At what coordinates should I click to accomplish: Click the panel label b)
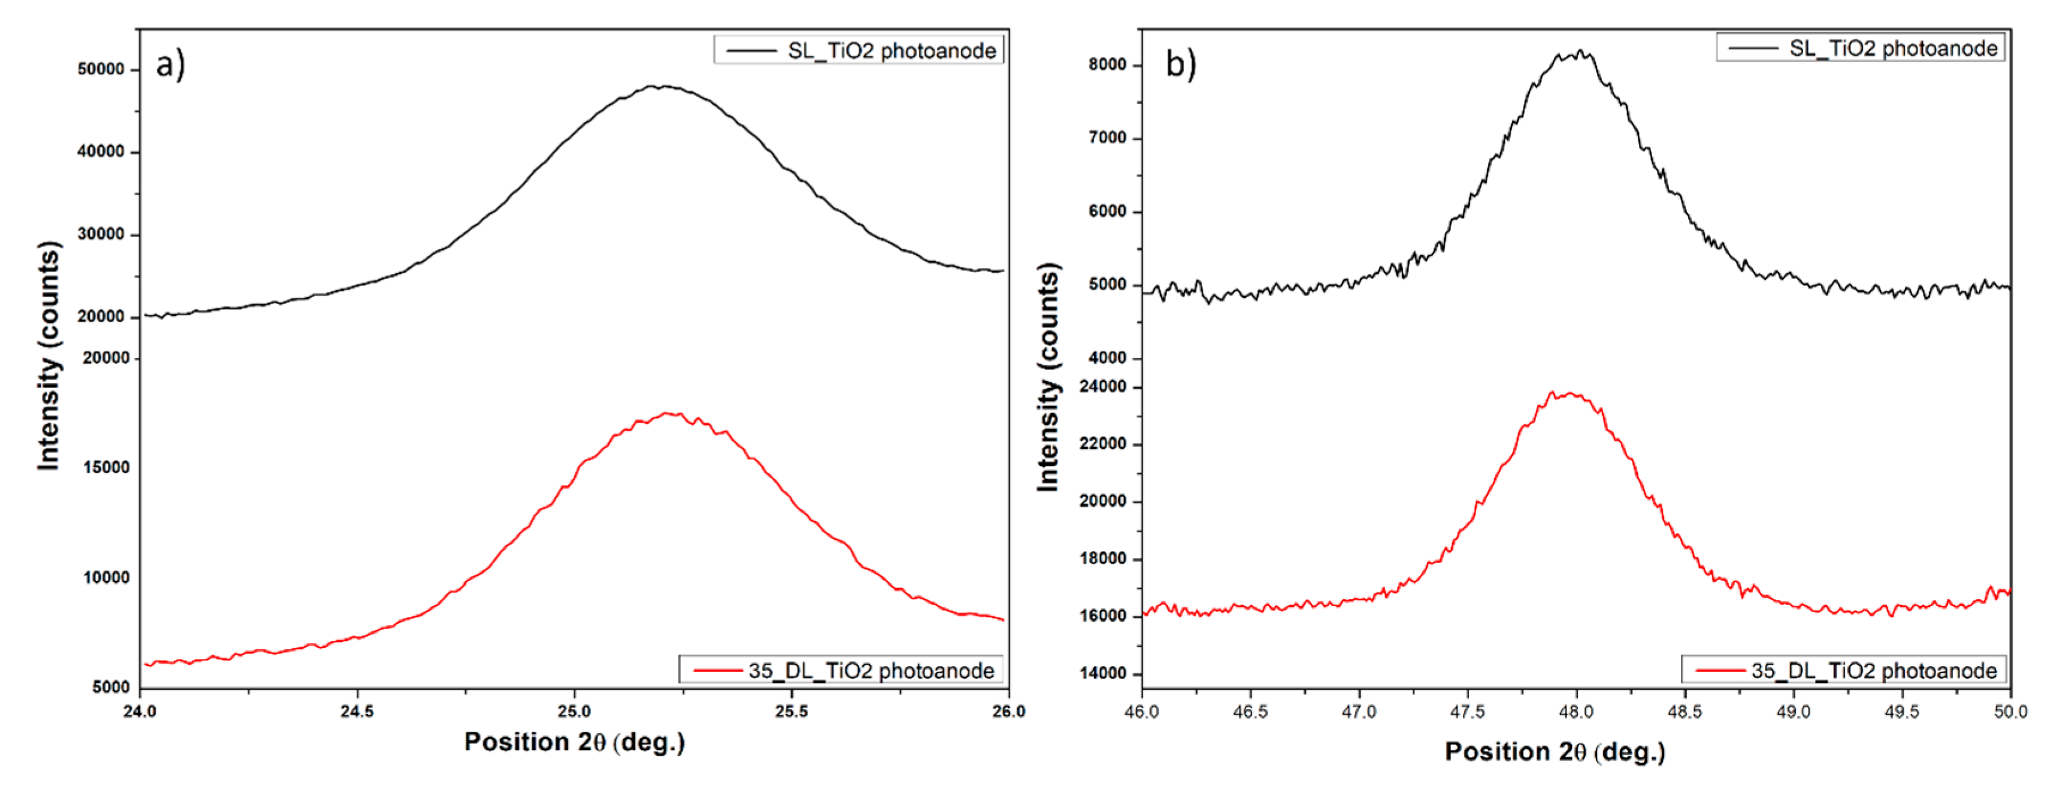[x=1180, y=63]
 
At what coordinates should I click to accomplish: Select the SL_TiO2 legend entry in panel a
[x=859, y=50]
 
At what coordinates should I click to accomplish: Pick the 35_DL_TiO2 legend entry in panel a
[x=841, y=670]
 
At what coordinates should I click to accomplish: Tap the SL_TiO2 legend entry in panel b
[x=1860, y=48]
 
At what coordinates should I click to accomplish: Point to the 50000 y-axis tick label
[x=101, y=69]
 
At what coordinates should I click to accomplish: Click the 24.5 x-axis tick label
[x=356, y=711]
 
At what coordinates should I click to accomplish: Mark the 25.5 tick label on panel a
[x=791, y=711]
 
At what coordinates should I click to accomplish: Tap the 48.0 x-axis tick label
[x=1576, y=711]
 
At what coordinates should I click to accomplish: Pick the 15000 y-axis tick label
[x=106, y=467]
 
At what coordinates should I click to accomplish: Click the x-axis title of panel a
[x=574, y=741]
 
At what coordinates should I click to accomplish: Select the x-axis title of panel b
[x=1555, y=751]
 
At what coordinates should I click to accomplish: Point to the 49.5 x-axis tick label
[x=1902, y=711]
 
